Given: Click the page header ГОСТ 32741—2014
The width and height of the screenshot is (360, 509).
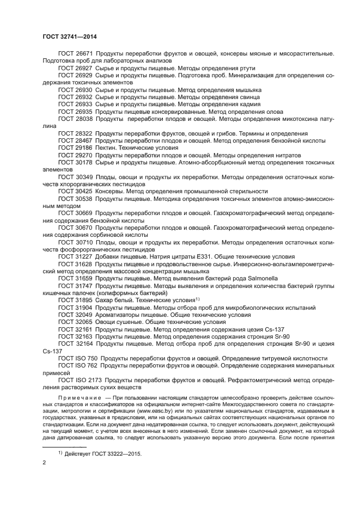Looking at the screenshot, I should pos(65,36).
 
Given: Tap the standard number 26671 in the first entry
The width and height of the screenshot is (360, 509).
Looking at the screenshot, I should pos(83,53).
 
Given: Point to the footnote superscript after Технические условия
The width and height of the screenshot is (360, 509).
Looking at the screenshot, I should pos(199,298).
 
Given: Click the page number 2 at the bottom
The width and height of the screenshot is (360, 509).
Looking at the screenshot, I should pos(44,462).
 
